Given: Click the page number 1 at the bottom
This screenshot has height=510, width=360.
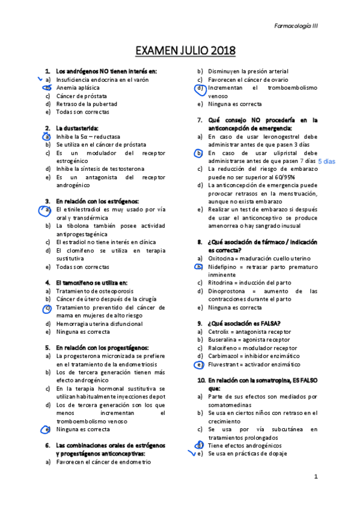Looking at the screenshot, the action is click(x=316, y=476).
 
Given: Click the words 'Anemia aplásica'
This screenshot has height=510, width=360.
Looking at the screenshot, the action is click(x=78, y=88).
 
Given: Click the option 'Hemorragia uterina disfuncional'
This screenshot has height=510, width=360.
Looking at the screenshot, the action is click(x=99, y=324).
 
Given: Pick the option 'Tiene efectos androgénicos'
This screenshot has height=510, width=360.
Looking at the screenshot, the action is click(x=245, y=446).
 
